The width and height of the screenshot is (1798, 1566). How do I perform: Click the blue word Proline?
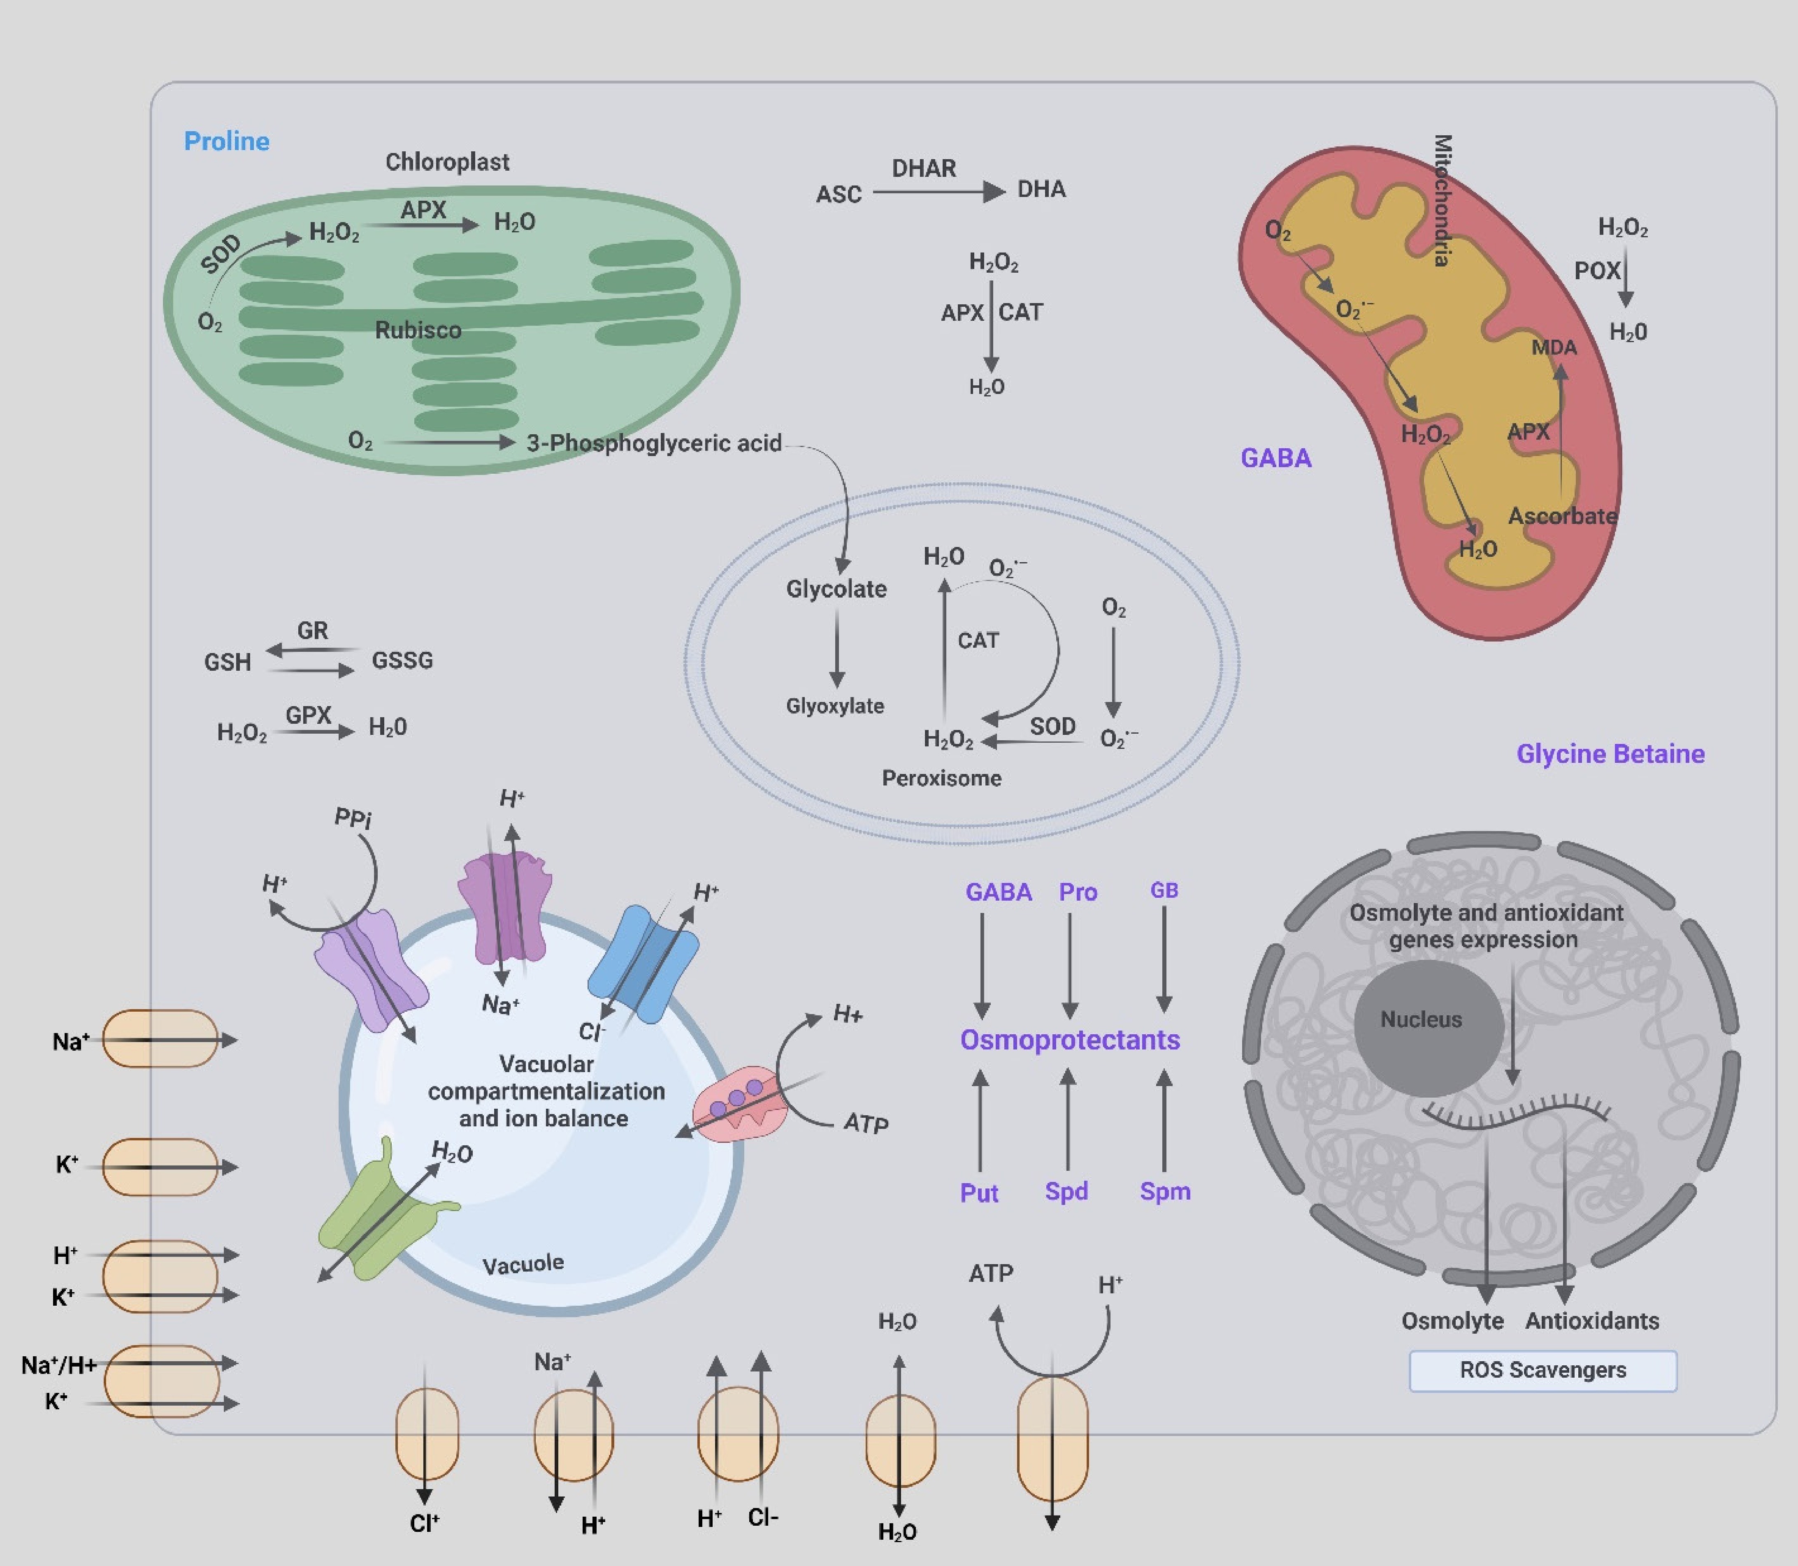(x=226, y=141)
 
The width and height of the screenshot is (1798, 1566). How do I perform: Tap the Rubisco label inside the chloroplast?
(x=418, y=330)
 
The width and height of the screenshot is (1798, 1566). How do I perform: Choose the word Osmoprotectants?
(x=1070, y=1040)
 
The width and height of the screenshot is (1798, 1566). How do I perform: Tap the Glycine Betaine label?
(x=1610, y=754)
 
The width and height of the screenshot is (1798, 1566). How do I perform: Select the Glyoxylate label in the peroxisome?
(x=835, y=706)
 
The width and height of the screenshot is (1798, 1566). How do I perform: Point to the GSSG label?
(x=402, y=660)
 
